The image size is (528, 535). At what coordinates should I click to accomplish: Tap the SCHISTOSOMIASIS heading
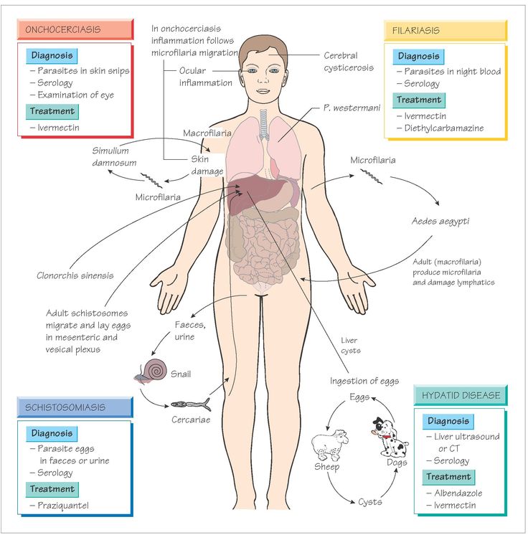coord(75,407)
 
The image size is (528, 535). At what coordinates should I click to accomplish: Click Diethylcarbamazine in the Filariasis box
coord(444,128)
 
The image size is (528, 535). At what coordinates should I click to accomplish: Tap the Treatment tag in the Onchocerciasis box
coord(52,111)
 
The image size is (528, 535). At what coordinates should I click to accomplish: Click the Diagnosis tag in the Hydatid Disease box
coord(448,421)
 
